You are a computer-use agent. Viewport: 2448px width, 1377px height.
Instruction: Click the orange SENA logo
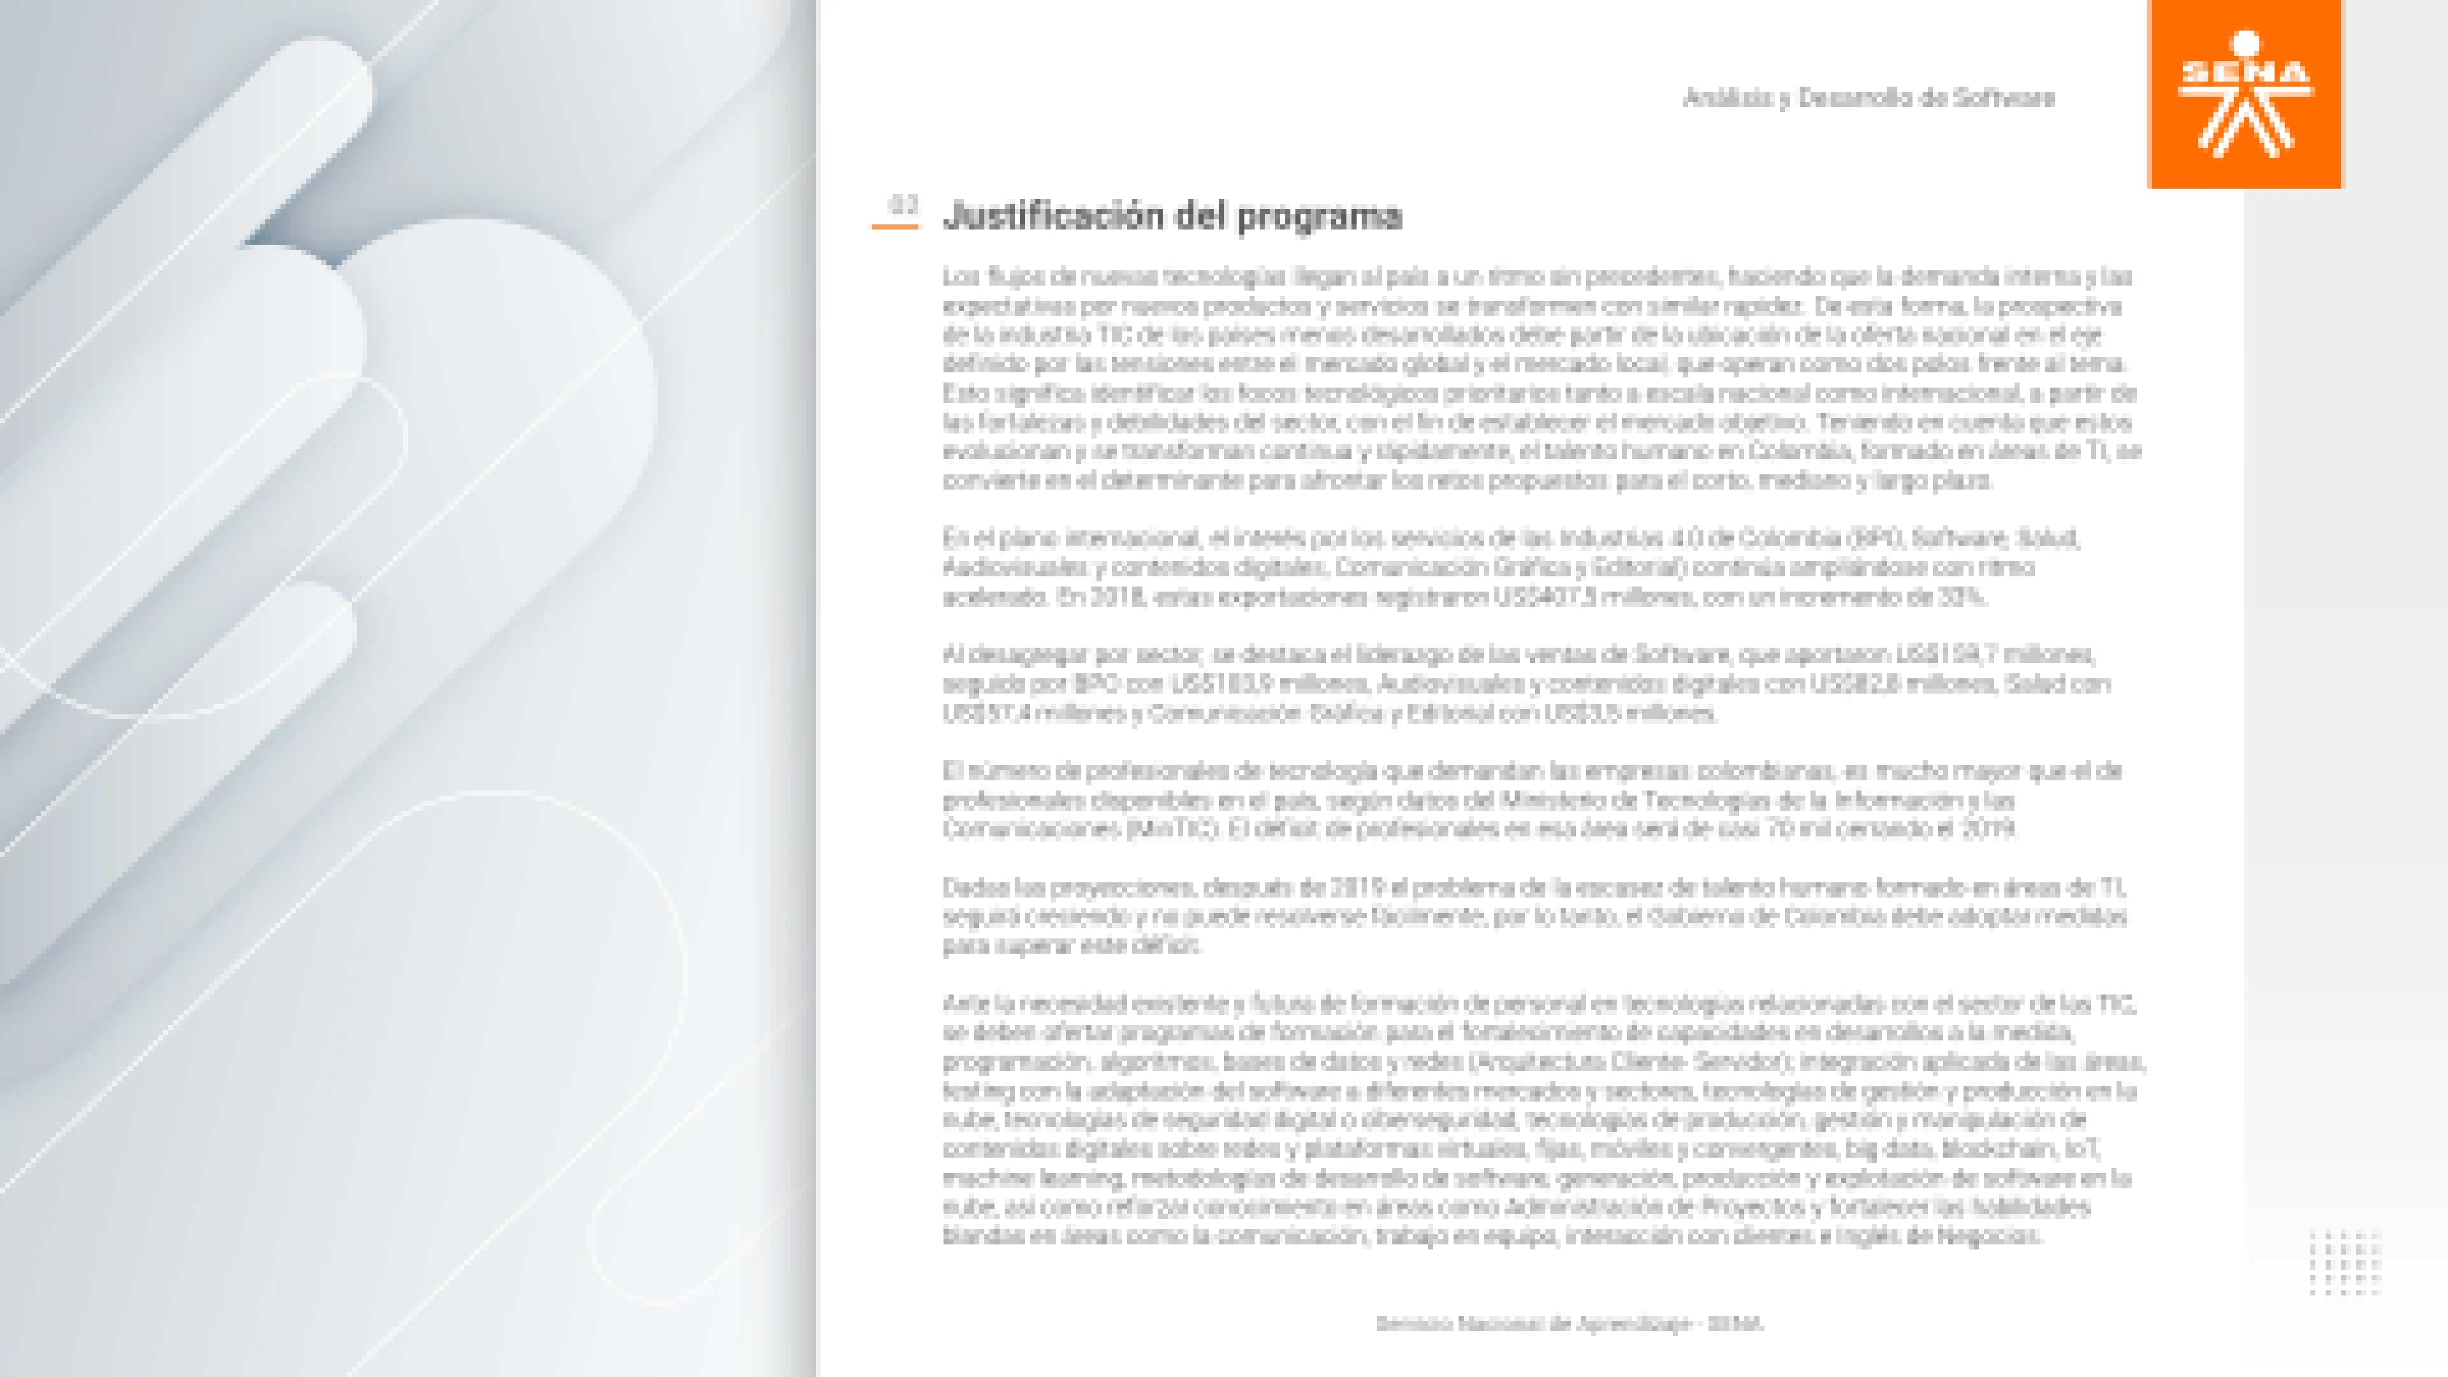point(2245,94)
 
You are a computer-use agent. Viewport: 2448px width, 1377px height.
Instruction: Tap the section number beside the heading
point(903,204)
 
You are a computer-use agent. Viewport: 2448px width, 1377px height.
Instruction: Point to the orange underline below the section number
point(895,226)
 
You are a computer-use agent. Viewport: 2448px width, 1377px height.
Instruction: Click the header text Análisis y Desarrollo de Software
point(1869,98)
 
